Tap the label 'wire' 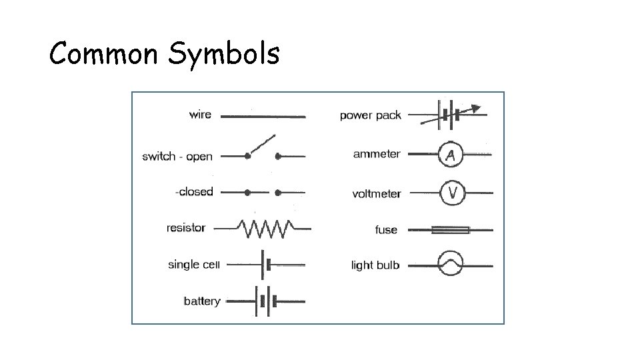[x=200, y=114]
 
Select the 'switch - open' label [x=177, y=157]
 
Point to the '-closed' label [x=194, y=192]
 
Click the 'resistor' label [x=186, y=228]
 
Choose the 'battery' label [x=201, y=301]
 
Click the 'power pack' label [x=370, y=115]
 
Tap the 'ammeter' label [x=377, y=154]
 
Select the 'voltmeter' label [x=377, y=194]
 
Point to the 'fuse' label [x=386, y=230]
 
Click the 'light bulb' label [x=375, y=265]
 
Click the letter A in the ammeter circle [x=451, y=155]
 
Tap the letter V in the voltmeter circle [x=453, y=193]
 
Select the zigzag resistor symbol [x=266, y=229]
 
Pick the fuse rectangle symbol [x=451, y=230]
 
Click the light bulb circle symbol [x=450, y=265]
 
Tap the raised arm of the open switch [x=261, y=146]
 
